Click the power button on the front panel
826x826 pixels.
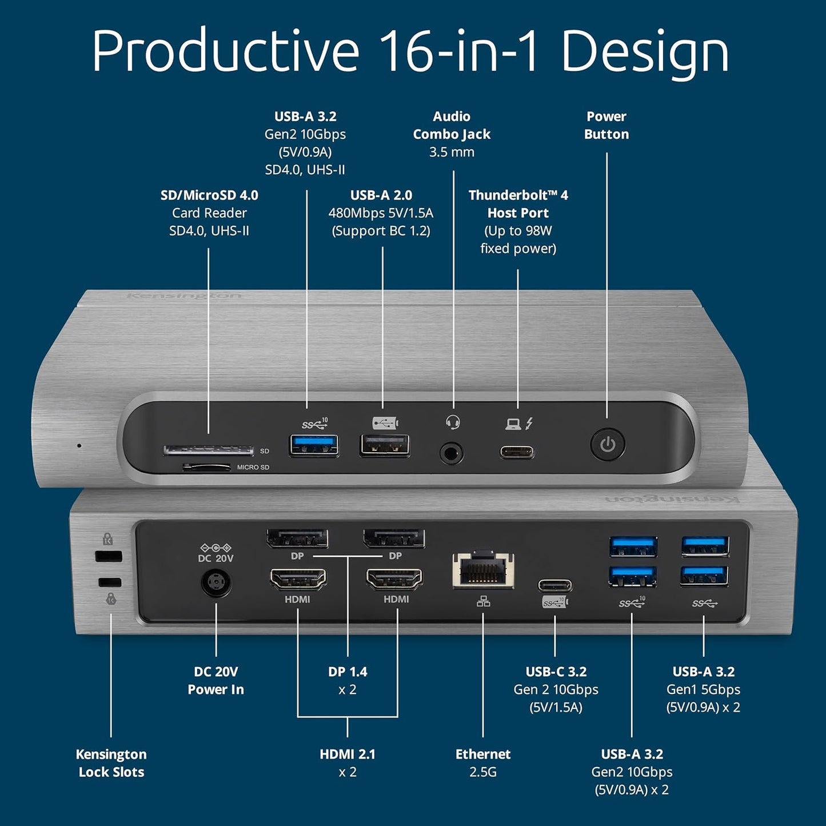pos(607,445)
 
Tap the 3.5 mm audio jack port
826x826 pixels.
pos(452,454)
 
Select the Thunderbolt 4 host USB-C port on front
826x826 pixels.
pos(517,453)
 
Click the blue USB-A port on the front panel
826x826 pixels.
pos(313,446)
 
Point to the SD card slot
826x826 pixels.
pos(209,450)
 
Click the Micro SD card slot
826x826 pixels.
pos(206,468)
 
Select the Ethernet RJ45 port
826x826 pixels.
pos(483,570)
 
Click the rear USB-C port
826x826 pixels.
pos(554,586)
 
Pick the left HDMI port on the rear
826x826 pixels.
pos(298,580)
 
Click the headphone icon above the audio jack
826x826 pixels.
pos(453,423)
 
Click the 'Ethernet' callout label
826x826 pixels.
pos(483,755)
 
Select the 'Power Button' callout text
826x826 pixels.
pos(606,125)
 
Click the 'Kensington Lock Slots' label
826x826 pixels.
pos(111,763)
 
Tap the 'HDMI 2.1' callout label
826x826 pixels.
pos(348,755)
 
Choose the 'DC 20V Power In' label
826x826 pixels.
pos(216,681)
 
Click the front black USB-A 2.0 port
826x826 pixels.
pos(385,446)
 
